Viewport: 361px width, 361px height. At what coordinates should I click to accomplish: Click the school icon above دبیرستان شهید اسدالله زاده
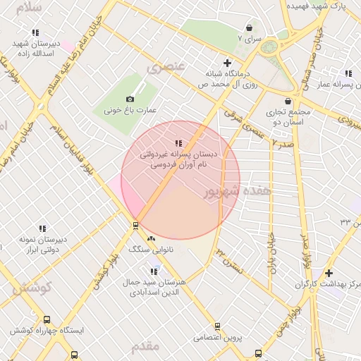point(36,32)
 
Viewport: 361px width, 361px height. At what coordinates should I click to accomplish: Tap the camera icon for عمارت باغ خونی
point(130,99)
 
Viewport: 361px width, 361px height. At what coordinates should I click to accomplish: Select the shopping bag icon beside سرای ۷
point(250,27)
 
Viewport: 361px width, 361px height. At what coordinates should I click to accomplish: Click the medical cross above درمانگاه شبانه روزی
point(226,63)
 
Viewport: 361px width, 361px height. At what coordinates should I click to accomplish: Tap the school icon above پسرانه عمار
point(348,73)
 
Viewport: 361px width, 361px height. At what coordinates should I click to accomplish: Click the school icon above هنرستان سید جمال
point(154,271)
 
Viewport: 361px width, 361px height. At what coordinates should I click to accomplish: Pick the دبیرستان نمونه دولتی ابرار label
point(43,244)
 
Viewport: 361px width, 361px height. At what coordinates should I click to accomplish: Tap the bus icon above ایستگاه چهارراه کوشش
point(47,319)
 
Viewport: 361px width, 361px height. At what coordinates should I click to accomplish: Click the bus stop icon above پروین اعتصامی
point(217,326)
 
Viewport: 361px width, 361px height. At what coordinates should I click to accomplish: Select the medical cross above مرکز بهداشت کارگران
point(329,273)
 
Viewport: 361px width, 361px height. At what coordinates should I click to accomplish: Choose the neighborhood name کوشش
point(32,288)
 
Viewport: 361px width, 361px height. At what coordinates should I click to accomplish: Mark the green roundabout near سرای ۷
point(269,47)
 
